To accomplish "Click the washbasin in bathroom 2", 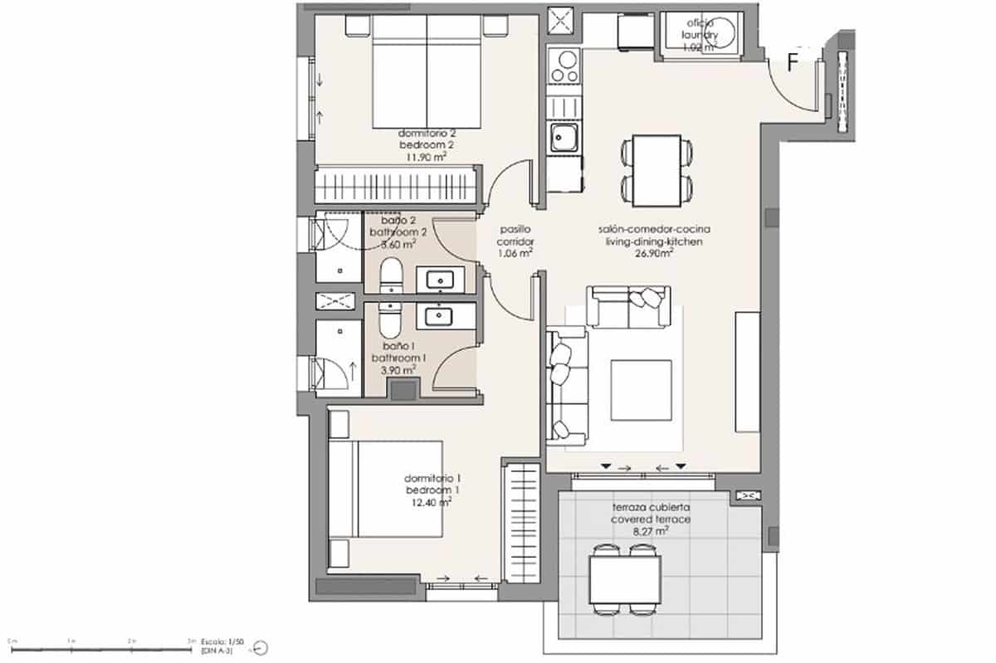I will [437, 280].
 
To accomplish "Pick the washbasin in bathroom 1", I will [437, 315].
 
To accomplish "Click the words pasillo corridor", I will [515, 236].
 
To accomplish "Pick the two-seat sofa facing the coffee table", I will [627, 307].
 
